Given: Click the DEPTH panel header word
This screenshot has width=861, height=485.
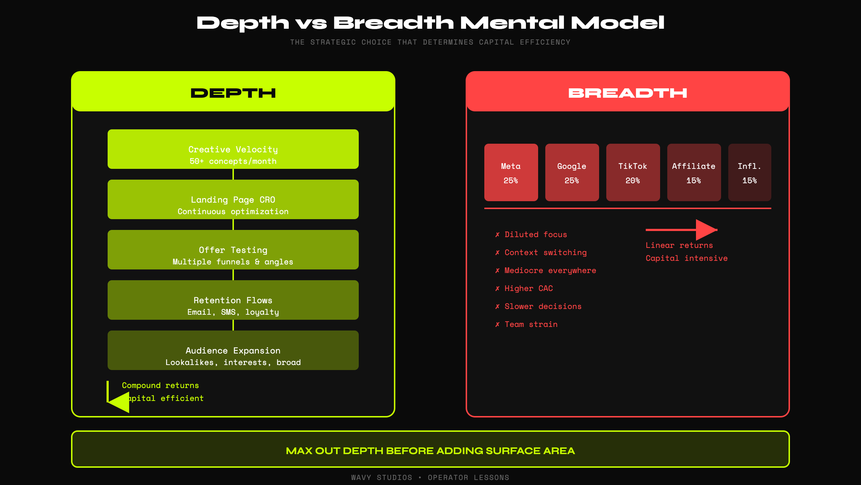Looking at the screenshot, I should [x=233, y=93].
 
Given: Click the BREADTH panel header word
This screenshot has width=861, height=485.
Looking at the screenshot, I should [x=627, y=93].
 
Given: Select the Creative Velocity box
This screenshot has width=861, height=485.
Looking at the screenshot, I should [x=233, y=149].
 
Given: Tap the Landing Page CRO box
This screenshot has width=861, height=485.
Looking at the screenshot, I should [x=233, y=199].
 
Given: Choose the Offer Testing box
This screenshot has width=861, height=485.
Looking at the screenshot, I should [x=233, y=250].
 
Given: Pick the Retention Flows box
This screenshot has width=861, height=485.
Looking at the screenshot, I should [x=233, y=300].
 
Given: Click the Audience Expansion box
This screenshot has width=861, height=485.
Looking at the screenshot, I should [x=233, y=350].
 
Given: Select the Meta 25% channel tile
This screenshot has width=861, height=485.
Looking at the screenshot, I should [x=511, y=172].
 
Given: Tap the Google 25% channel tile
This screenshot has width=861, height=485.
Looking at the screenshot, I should [x=572, y=172].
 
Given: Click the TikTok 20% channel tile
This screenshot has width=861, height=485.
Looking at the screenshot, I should [x=633, y=172].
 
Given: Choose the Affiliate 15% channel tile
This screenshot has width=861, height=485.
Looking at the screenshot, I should [x=694, y=172].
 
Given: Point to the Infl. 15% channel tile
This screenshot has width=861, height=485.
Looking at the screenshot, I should [x=749, y=172].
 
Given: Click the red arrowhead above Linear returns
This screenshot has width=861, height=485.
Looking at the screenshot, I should [x=705, y=230].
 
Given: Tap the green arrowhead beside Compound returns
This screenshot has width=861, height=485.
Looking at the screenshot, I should [x=120, y=402].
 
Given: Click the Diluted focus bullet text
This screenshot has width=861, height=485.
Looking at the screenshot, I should [x=536, y=235].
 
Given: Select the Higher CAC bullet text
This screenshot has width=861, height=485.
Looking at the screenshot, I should [x=528, y=288].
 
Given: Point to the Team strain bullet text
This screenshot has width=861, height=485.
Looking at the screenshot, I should [x=531, y=324].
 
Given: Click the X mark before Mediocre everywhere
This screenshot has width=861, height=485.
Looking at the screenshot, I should [x=497, y=271].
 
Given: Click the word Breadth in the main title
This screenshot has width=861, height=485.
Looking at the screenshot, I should [x=394, y=23].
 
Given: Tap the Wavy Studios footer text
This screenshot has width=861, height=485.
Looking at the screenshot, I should [x=381, y=477].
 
